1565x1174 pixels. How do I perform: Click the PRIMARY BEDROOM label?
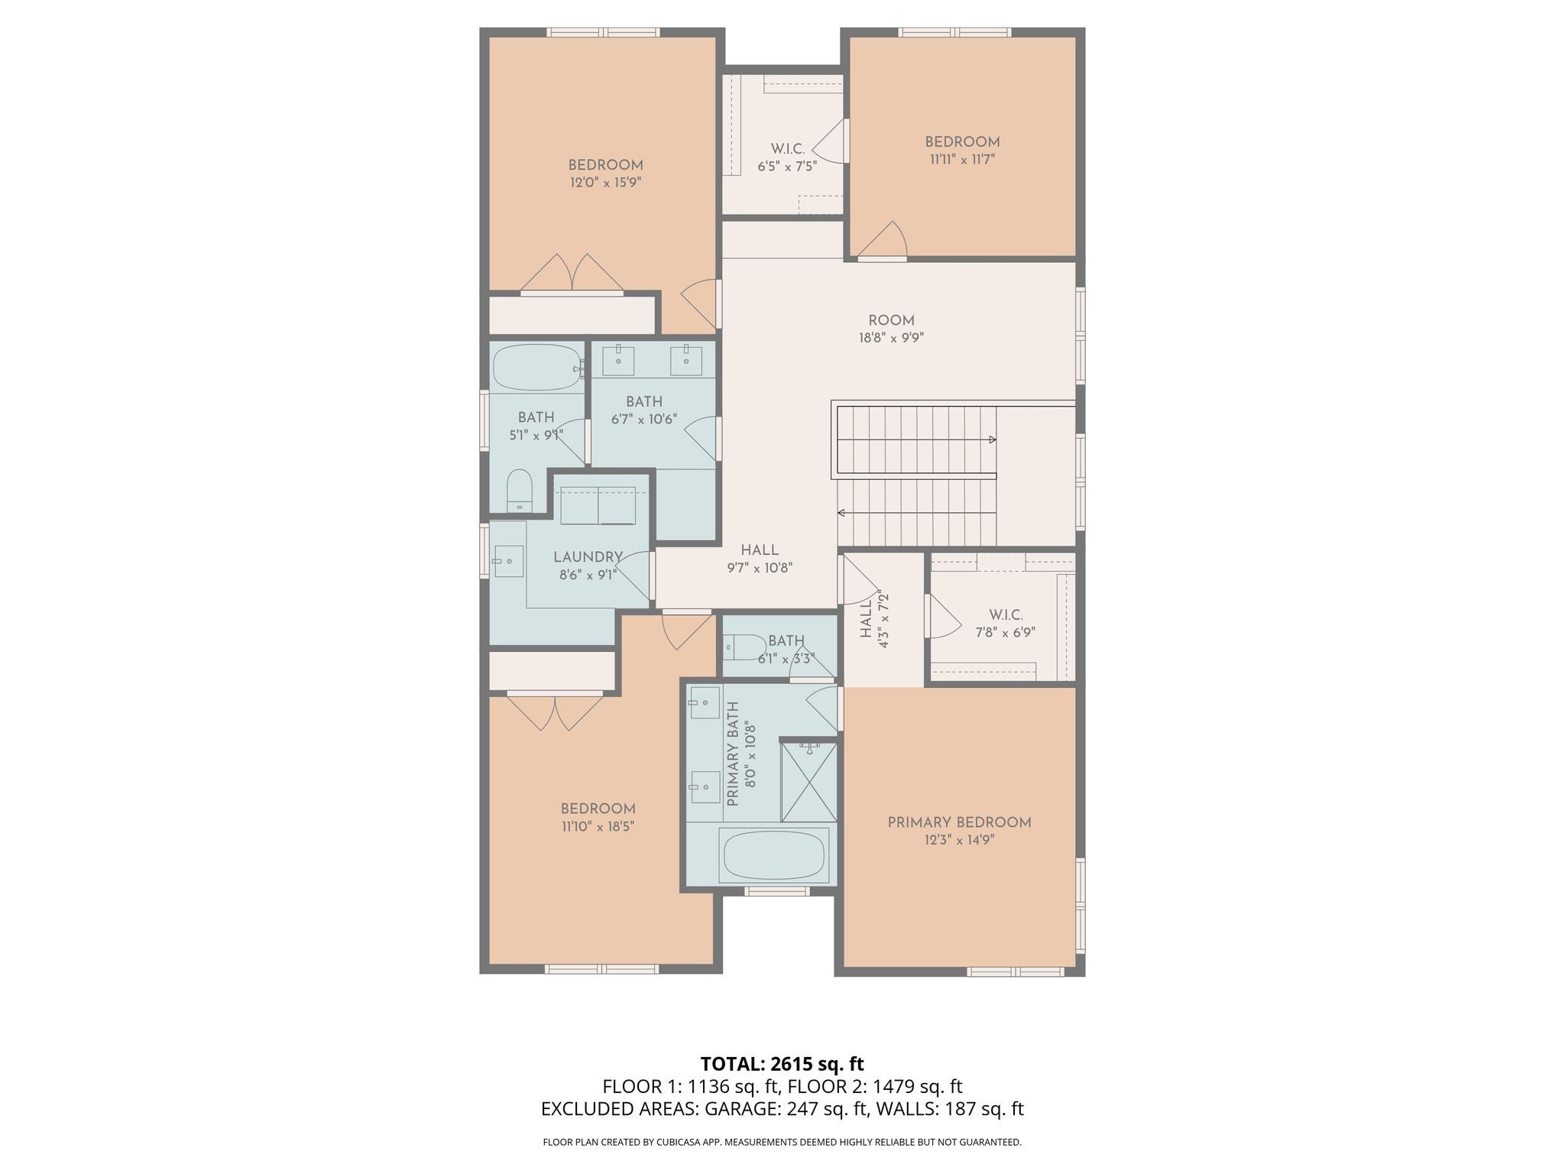[x=959, y=822]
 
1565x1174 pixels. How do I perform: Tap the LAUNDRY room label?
[x=588, y=557]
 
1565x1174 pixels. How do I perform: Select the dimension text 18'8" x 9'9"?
[x=891, y=338]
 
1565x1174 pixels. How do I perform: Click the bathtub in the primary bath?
[x=775, y=855]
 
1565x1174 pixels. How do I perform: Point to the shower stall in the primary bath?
[x=808, y=780]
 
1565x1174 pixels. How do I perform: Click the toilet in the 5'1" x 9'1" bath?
[x=519, y=490]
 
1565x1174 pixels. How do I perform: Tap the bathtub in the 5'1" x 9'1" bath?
[x=537, y=368]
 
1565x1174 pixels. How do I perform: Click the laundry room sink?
[x=507, y=562]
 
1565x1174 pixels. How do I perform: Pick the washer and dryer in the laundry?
[x=598, y=504]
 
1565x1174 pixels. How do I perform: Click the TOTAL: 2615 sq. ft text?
[x=782, y=1064]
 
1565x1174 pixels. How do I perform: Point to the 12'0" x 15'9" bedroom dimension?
[x=605, y=183]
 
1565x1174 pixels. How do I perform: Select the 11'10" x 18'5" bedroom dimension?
[x=598, y=826]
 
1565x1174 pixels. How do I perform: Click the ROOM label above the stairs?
[x=891, y=320]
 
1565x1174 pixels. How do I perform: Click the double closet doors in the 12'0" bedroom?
[x=572, y=274]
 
